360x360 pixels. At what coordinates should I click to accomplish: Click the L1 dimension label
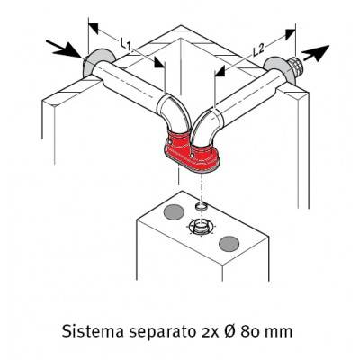coord(125,43)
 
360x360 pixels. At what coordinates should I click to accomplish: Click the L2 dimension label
coord(258,49)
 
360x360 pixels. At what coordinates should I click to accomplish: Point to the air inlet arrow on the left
coord(65,49)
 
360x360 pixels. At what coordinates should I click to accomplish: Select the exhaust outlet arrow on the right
coord(315,52)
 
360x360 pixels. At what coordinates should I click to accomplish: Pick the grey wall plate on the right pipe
coord(276,69)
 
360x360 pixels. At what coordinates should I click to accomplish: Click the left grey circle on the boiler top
coord(174,211)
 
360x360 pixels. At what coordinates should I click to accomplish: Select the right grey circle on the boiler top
coord(229,243)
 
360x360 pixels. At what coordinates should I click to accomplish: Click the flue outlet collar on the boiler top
coord(201,227)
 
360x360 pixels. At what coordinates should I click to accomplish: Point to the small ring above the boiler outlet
coord(201,206)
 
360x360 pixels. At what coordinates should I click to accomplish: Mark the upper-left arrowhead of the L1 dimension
coord(94,28)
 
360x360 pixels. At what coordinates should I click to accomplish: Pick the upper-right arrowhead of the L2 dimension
coord(290,34)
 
